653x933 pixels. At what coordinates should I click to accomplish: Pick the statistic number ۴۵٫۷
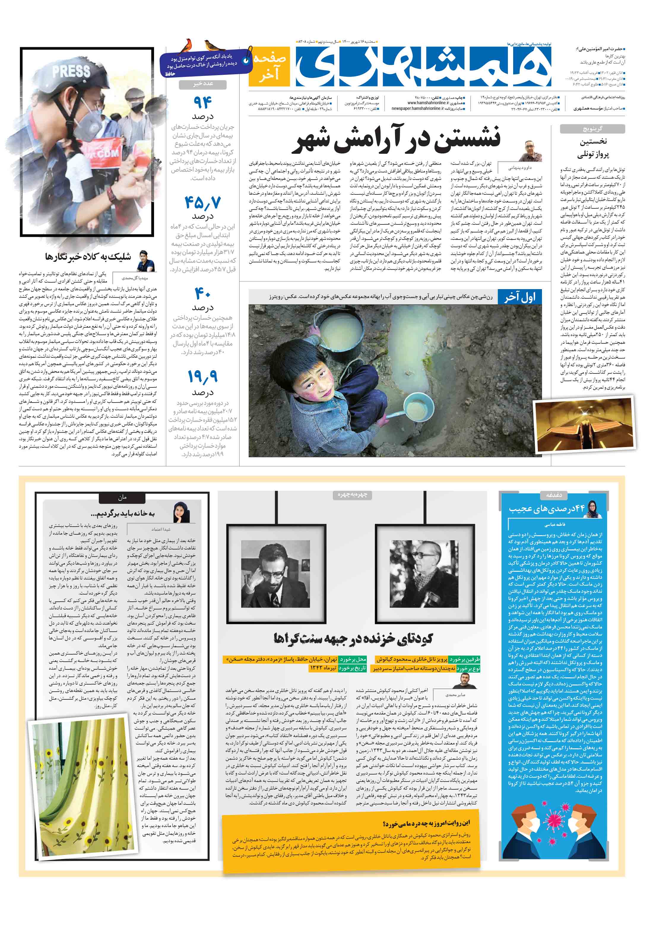(202, 202)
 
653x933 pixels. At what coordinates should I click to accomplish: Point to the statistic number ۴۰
(202, 293)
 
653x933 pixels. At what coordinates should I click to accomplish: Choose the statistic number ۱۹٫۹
(202, 377)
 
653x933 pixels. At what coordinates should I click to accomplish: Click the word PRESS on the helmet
(71, 72)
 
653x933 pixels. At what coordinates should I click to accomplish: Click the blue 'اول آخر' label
(520, 297)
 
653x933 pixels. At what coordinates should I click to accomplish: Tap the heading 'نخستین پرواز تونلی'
(593, 148)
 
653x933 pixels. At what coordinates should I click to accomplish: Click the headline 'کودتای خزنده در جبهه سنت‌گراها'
(353, 639)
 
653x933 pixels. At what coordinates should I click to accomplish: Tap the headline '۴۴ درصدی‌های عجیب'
(546, 508)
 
